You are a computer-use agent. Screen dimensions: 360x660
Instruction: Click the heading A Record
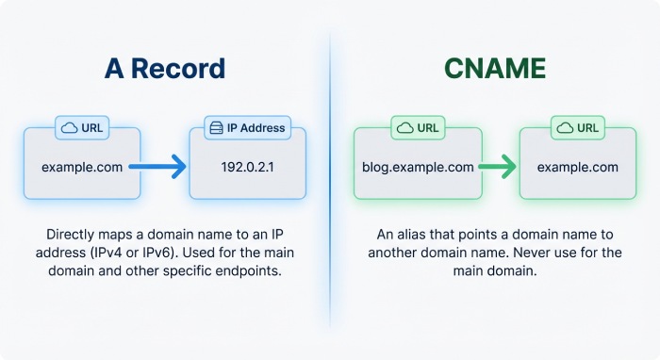164,69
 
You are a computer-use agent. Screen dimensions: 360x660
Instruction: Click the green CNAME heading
494,69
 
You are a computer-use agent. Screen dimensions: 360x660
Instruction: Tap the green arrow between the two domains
498,168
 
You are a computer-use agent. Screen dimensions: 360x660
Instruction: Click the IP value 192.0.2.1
247,167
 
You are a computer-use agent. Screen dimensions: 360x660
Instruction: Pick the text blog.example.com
418,167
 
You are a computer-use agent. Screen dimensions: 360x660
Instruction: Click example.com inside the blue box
81,167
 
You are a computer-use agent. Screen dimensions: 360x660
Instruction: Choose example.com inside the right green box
578,167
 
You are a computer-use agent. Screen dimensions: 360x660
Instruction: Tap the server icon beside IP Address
217,127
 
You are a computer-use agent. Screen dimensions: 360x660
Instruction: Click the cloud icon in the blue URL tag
69,127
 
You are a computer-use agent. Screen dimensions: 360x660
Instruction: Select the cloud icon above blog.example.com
404,127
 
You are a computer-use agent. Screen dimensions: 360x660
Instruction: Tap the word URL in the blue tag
92,127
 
